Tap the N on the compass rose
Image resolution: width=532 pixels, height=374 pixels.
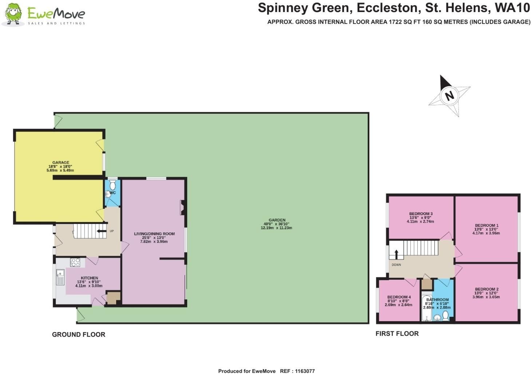point(450,96)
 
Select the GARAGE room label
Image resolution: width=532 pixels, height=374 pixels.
point(61,163)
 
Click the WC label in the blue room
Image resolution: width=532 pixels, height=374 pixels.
point(113,193)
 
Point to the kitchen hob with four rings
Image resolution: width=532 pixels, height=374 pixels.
point(75,263)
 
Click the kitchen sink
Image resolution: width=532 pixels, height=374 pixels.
point(60,277)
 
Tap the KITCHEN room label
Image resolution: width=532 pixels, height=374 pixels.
point(89,278)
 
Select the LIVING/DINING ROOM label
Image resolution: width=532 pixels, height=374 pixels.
point(154,234)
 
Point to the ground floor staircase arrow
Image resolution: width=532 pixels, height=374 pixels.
point(102,231)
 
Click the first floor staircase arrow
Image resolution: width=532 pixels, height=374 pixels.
point(397,254)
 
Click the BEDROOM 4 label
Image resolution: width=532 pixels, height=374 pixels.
point(399,297)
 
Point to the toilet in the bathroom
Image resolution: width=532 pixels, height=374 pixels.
point(446,316)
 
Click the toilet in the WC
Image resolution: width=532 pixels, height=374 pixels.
point(113,185)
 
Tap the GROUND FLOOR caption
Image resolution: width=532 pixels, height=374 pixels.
point(79,334)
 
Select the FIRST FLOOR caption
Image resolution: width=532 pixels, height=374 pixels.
point(397,333)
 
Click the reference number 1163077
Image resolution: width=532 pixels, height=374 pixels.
point(304,371)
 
